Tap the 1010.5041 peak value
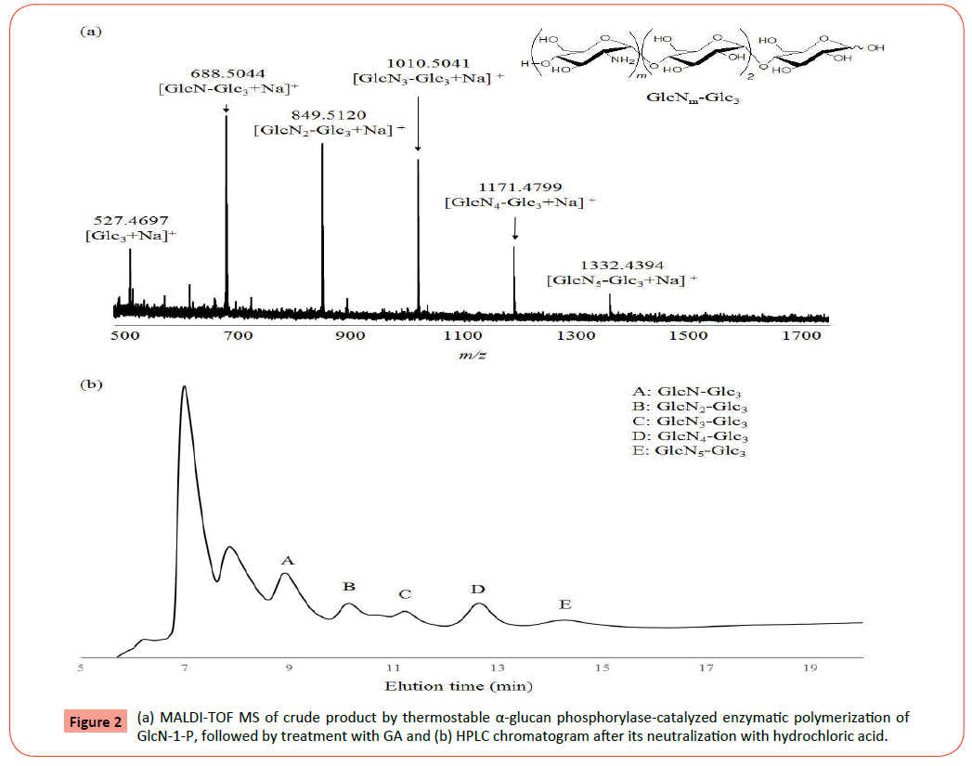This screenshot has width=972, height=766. [418, 62]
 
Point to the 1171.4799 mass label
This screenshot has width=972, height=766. [515, 187]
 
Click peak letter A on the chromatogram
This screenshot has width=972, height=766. [288, 561]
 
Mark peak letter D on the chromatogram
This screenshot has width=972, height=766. [477, 590]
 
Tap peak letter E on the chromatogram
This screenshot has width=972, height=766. [564, 604]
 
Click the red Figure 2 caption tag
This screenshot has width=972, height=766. [95, 721]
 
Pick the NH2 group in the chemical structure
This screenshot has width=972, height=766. [621, 61]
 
